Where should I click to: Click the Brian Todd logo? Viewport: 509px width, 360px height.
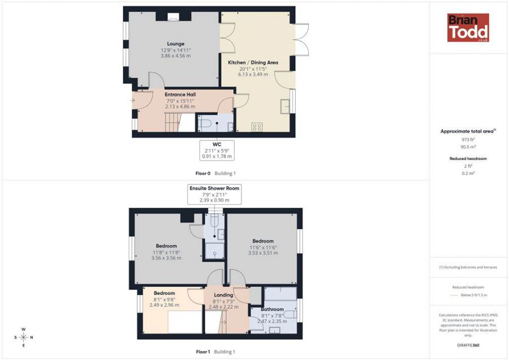click(468, 28)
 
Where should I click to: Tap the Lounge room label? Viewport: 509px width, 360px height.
click(175, 44)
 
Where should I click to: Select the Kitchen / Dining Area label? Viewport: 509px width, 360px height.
click(253, 62)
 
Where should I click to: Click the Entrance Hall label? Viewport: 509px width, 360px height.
click(180, 95)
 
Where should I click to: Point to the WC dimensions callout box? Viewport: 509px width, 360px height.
click(217, 151)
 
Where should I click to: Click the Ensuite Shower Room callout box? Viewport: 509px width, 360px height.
click(214, 194)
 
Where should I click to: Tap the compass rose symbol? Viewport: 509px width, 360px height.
click(23, 337)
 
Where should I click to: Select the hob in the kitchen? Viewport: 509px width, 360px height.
click(257, 127)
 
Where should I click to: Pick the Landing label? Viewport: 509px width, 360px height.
click(223, 295)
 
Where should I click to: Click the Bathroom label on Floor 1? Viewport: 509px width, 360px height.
click(272, 310)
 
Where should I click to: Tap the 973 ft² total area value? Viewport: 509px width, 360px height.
click(468, 139)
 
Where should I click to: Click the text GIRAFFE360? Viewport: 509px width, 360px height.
click(468, 345)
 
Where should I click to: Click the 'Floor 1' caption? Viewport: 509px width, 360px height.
click(202, 352)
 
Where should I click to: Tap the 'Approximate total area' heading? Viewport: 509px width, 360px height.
click(468, 131)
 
